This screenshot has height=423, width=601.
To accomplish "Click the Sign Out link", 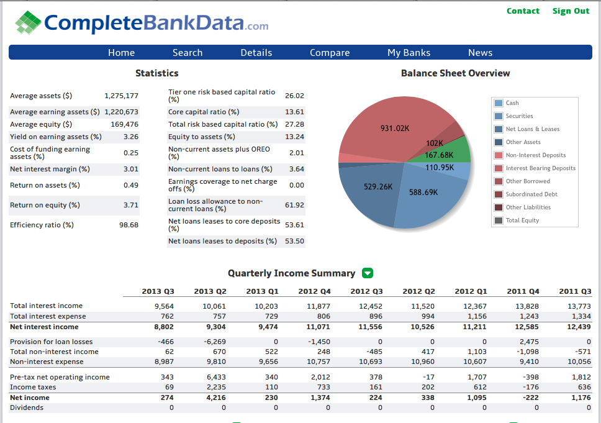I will (571, 11).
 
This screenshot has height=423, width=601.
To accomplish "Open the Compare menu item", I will (330, 53).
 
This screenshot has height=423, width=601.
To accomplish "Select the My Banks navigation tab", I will (409, 53).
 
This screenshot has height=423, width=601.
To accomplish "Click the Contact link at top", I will (523, 11).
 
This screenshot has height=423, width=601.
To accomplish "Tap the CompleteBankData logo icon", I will (28, 23).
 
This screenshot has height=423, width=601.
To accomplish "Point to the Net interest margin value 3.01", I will (130, 169).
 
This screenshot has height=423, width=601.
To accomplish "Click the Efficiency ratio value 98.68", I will (129, 225).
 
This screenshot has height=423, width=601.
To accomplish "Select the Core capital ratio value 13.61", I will (294, 112).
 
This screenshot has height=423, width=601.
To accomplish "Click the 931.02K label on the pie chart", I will (394, 129).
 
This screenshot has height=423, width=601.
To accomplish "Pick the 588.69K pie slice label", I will (423, 193).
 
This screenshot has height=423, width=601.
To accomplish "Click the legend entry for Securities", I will (519, 116).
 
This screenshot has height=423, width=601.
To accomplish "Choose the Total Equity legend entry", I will (522, 221).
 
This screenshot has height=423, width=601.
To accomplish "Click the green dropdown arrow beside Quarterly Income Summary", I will (368, 273).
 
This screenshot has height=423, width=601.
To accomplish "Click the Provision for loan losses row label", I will (52, 342).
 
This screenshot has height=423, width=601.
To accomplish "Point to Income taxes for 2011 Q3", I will (583, 388).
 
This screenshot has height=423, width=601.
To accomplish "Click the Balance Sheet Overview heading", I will (455, 73).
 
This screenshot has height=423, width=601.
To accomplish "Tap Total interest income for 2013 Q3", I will (164, 306).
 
